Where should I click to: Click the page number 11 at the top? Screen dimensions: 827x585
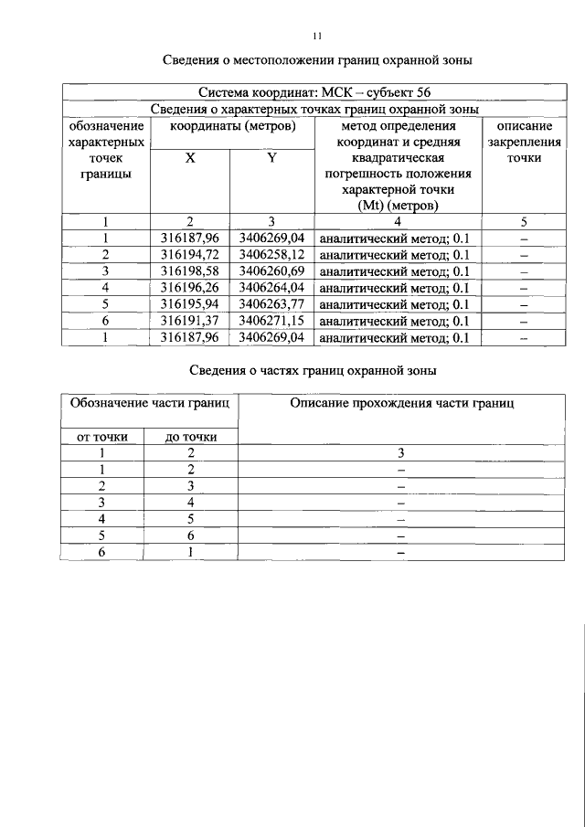point(316,36)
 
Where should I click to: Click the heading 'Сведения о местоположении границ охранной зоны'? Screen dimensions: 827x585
point(317,61)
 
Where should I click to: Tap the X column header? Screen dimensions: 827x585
point(190,158)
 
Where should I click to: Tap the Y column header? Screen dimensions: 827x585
point(271,158)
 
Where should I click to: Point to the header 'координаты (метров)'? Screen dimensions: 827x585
point(230,126)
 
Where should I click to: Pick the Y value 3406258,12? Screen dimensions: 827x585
point(271,255)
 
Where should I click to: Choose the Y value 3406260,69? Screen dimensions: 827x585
point(271,271)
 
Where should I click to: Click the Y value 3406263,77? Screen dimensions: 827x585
point(271,304)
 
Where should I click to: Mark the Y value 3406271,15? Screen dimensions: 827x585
point(271,321)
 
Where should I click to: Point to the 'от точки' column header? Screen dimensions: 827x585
point(102,437)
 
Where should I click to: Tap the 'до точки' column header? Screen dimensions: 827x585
point(191,437)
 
